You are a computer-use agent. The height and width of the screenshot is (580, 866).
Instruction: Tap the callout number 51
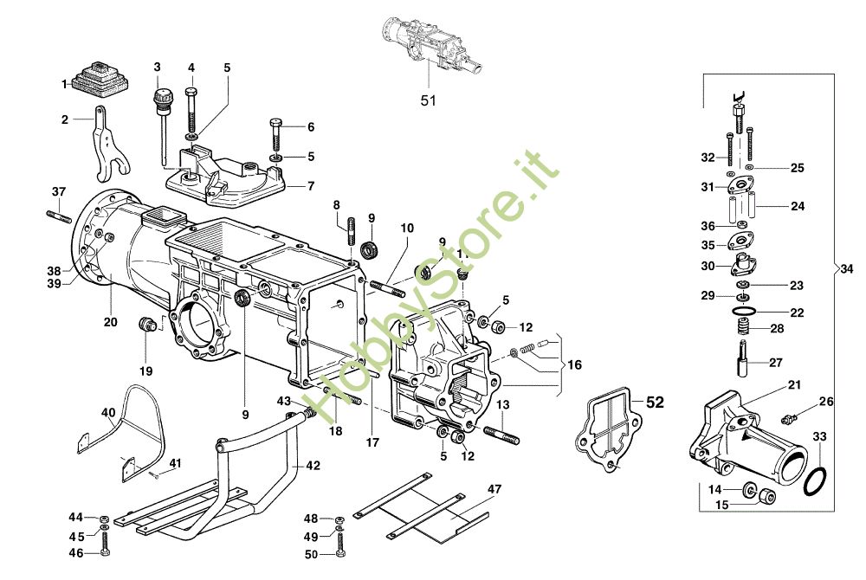click(x=428, y=100)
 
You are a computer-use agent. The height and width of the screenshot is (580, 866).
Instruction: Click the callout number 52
click(x=655, y=403)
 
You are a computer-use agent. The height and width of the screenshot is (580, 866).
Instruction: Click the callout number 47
click(x=494, y=490)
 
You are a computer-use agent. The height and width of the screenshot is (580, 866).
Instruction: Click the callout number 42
click(x=313, y=466)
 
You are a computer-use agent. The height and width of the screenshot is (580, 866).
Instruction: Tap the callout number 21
click(x=794, y=384)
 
